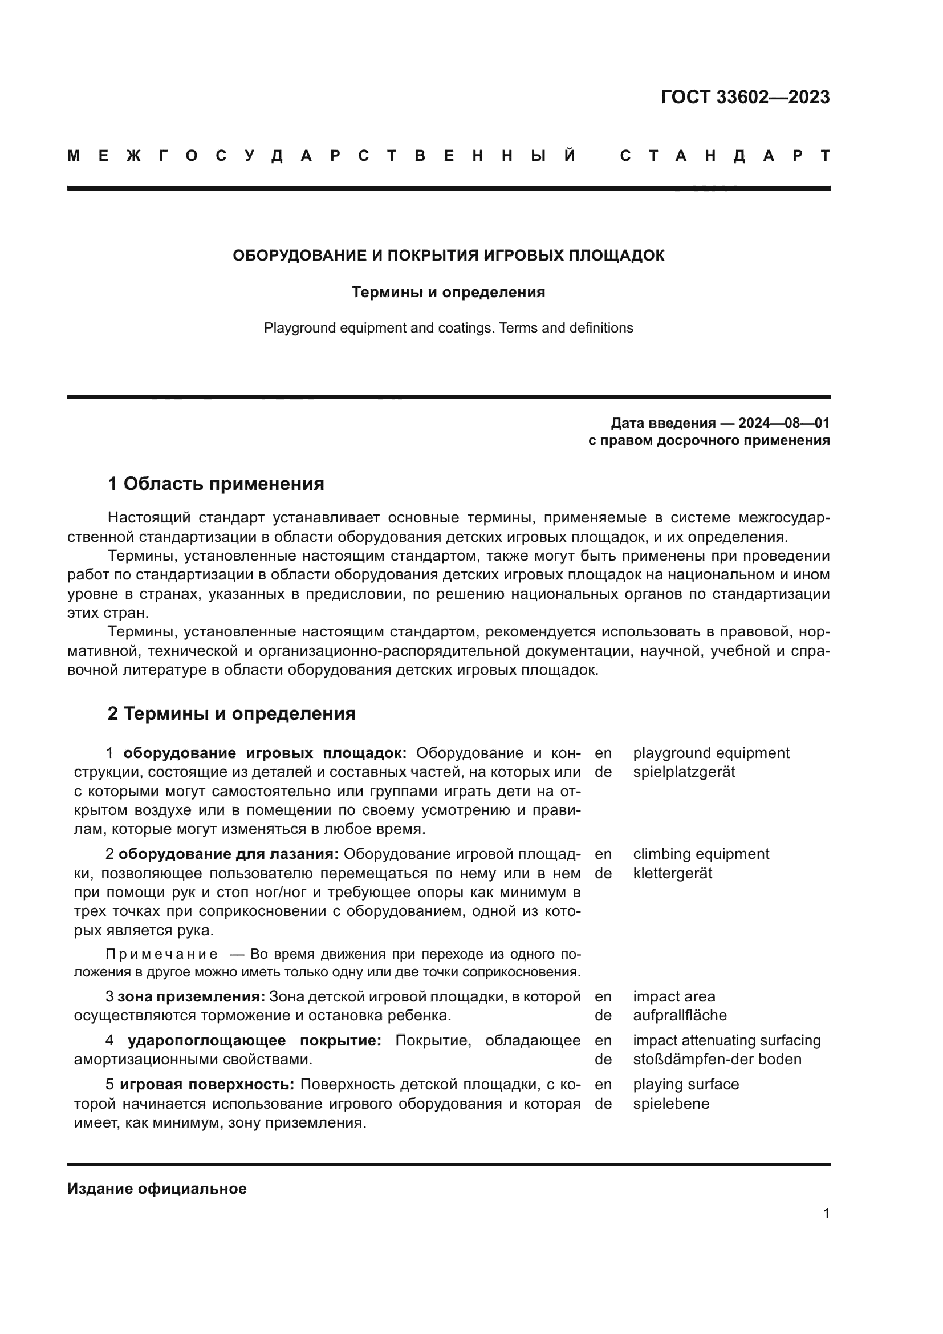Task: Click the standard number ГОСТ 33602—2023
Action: (745, 97)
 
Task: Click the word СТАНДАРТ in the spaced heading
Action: (725, 156)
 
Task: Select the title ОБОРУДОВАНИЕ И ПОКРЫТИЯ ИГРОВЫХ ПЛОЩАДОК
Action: (448, 256)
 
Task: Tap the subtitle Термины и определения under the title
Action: (448, 292)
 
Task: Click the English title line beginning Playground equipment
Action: (448, 328)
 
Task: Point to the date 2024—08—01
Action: (784, 423)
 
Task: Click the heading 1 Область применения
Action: (216, 484)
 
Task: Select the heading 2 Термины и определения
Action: (231, 713)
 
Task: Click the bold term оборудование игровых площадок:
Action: (265, 753)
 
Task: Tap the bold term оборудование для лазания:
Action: (229, 854)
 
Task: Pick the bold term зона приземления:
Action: (191, 996)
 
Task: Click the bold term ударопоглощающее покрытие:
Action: (254, 1040)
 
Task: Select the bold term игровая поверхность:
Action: (208, 1084)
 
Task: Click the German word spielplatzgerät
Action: (684, 772)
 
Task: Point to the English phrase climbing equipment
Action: (700, 854)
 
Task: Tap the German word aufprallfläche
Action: (680, 1015)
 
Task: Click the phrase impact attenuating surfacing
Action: (726, 1040)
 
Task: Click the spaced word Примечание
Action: (162, 955)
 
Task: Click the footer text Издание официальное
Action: (157, 1189)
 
